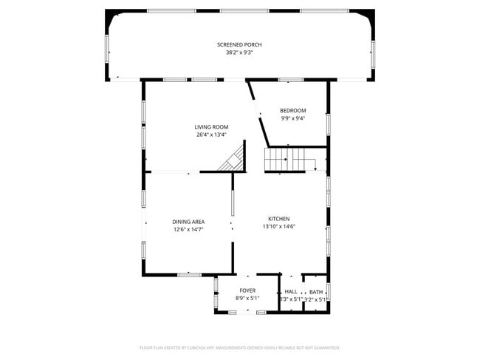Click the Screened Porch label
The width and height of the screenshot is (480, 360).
[x=239, y=44]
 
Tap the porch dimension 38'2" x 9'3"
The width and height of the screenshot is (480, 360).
[x=239, y=52]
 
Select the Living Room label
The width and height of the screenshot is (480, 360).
[x=211, y=126]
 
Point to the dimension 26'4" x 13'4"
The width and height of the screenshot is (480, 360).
[x=211, y=135]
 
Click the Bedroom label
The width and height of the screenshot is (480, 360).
[x=292, y=110]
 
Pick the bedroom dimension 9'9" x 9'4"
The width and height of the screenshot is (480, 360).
[x=292, y=118]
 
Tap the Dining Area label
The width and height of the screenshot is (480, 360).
[x=188, y=221]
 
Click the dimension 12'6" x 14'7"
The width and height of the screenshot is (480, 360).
[x=188, y=229]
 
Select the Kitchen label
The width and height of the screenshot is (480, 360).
[x=278, y=218]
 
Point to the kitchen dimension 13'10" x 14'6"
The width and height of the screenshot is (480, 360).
[x=278, y=226]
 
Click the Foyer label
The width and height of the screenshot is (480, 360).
[x=247, y=291]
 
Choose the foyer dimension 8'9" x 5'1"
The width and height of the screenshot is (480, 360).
[x=247, y=299]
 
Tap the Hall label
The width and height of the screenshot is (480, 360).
[x=291, y=292]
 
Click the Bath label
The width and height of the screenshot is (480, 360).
[x=315, y=292]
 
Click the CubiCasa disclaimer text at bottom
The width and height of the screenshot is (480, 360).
[x=239, y=347]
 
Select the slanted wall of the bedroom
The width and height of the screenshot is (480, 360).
[x=258, y=115]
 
